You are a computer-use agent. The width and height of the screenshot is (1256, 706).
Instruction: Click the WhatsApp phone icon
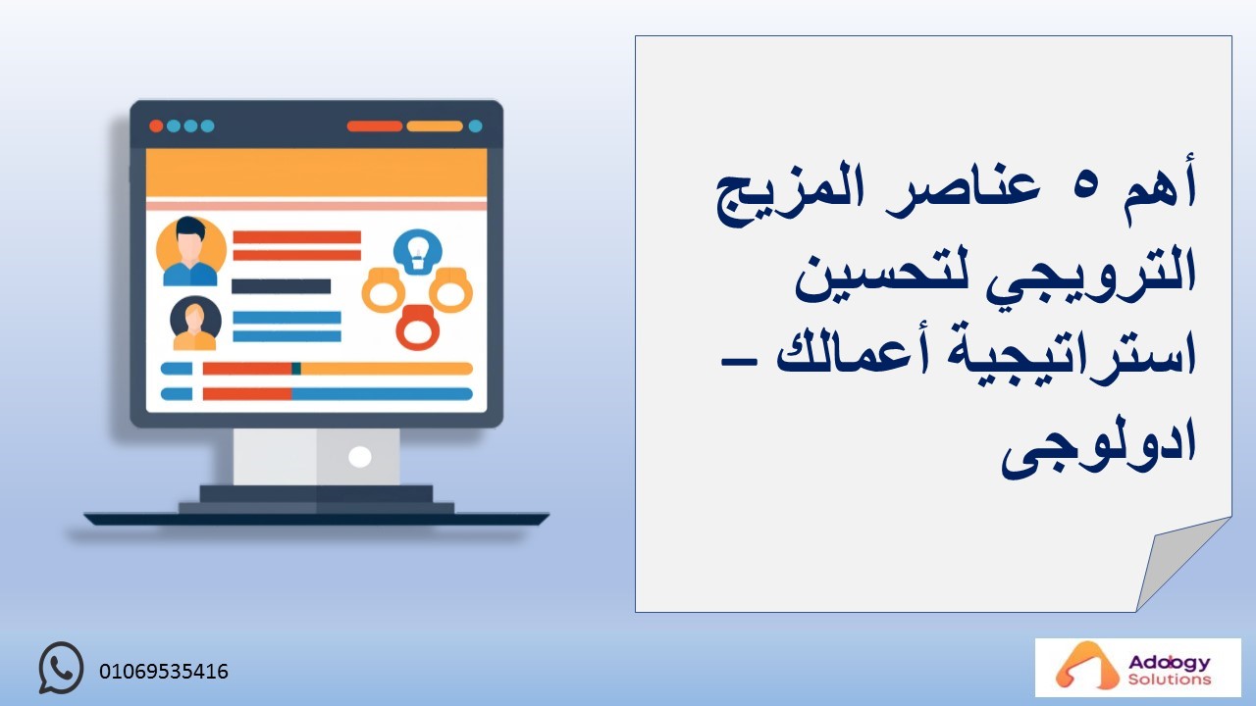pos(61,668)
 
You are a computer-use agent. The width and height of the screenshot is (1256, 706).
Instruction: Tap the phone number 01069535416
pos(164,672)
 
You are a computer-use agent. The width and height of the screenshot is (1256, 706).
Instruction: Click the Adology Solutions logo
pos(1137,668)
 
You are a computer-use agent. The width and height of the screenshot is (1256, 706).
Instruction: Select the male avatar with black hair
pos(190,252)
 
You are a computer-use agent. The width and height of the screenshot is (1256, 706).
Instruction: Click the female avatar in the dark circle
pos(195,324)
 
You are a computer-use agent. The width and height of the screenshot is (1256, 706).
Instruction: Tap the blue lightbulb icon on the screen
pos(417,252)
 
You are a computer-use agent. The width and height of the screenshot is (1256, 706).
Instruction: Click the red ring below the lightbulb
pos(418,328)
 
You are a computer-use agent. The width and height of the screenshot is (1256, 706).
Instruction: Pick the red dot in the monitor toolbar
pos(156,126)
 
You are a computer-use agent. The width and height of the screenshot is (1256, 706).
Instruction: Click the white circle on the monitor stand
pos(359,457)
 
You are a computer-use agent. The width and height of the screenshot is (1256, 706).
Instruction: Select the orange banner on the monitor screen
pos(316,173)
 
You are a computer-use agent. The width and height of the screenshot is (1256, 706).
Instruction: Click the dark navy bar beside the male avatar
pos(281,286)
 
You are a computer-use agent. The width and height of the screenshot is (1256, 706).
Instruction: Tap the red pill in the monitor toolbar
pos(375,126)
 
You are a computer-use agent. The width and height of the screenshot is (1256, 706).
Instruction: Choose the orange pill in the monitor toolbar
pos(435,126)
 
